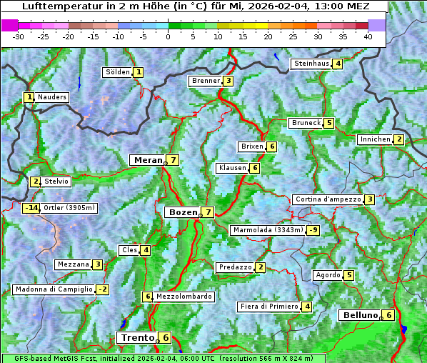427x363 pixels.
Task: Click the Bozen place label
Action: pyautogui.click(x=182, y=212)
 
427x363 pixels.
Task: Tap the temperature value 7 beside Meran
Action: pyautogui.click(x=173, y=160)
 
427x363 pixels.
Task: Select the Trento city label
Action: pyautogui.click(x=137, y=337)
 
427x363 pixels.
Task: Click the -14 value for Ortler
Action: pyautogui.click(x=31, y=208)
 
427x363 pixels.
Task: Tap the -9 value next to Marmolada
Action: pyautogui.click(x=313, y=230)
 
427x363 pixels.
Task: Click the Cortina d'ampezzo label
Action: pyautogui.click(x=327, y=199)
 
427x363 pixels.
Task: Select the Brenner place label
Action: pyautogui.click(x=206, y=81)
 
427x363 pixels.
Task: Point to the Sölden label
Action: pyautogui.click(x=118, y=72)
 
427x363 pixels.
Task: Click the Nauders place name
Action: pyautogui.click(x=52, y=97)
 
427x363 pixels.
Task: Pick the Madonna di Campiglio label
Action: pyautogui.click(x=54, y=289)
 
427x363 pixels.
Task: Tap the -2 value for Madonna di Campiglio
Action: pyautogui.click(x=103, y=289)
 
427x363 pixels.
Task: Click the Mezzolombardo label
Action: pyautogui.click(x=184, y=297)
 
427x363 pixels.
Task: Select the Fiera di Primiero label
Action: pyautogui.click(x=268, y=307)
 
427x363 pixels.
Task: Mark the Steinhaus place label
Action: pyautogui.click(x=311, y=64)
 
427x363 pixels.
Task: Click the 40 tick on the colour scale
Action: pyautogui.click(x=368, y=36)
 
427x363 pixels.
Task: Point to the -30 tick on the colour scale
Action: pyautogui.click(x=19, y=36)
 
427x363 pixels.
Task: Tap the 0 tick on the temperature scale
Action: pyautogui.click(x=168, y=36)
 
